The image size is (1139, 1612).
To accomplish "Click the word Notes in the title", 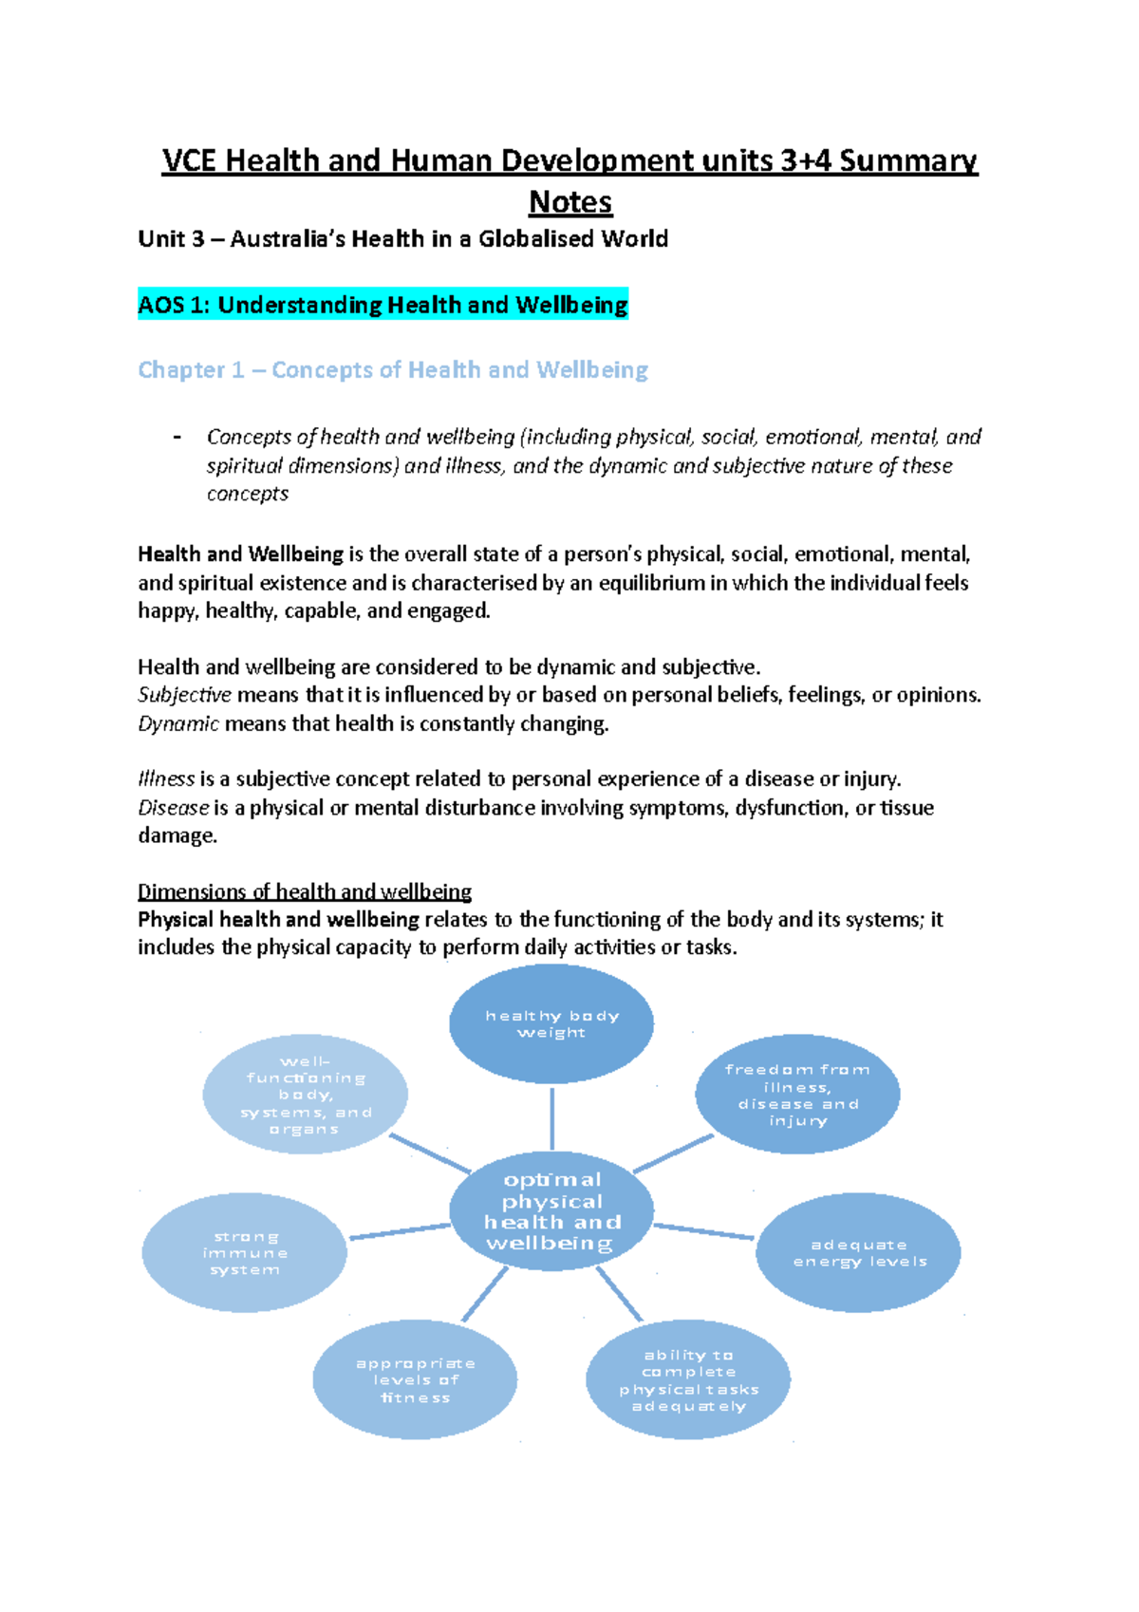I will click(x=569, y=202).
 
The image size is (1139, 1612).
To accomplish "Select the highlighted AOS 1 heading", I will click(x=383, y=305).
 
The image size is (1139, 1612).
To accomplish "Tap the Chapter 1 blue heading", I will click(x=392, y=369).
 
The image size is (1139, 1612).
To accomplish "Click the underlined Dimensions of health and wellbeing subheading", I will click(x=304, y=891).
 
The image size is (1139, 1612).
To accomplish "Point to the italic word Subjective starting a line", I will click(x=184, y=695).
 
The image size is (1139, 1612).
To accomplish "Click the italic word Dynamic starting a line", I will click(x=178, y=723).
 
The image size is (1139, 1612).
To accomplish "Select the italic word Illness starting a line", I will click(x=166, y=779).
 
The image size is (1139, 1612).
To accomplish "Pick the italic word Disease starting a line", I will click(x=173, y=808).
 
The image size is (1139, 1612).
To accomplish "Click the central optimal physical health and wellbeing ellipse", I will click(x=551, y=1211).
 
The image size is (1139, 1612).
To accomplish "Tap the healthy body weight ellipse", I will click(x=551, y=1023).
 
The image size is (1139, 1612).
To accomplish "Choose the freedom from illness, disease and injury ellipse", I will click(x=797, y=1094).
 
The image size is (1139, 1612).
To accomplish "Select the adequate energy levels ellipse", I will click(x=858, y=1252).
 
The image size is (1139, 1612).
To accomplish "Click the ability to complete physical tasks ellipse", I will click(x=688, y=1379).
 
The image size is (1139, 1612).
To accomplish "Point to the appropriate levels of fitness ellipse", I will click(x=415, y=1379).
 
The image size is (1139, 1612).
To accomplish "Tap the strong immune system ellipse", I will click(x=244, y=1252).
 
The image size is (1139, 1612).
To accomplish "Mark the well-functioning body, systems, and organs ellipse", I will click(x=305, y=1094).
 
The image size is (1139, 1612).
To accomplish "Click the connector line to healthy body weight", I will click(x=551, y=1117).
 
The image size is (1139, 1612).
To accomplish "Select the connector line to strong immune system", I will click(x=399, y=1231).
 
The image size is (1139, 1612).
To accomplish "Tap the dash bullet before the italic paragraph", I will click(x=177, y=438).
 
